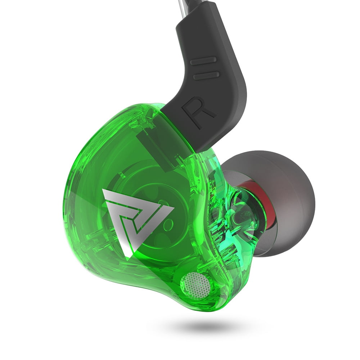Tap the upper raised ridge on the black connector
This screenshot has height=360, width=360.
(x=203, y=60)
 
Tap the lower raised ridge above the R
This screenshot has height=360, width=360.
(x=206, y=76)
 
